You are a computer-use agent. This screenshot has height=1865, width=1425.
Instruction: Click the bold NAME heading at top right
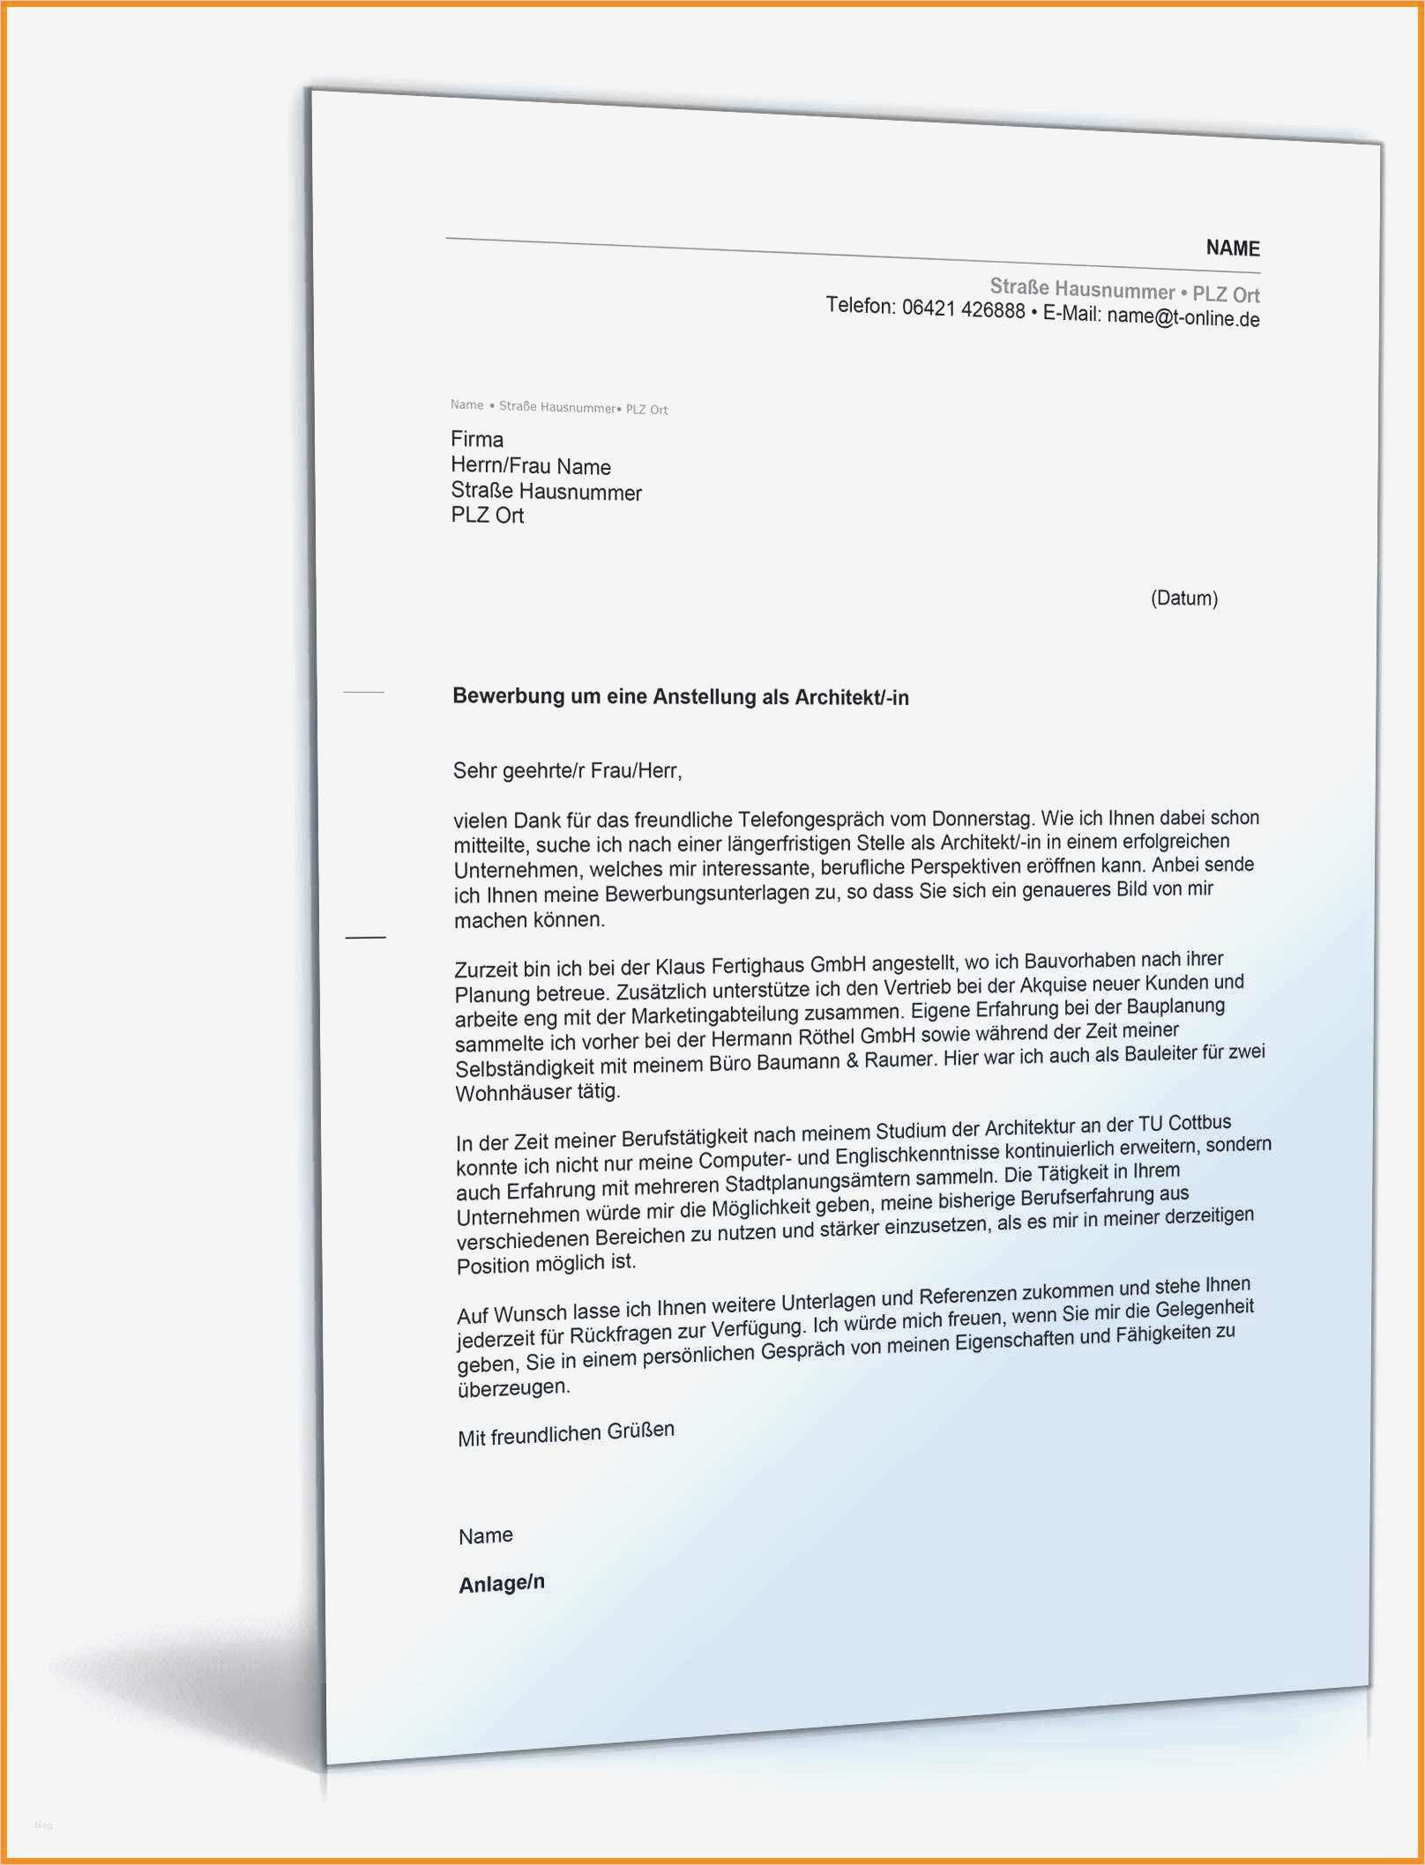(x=1232, y=249)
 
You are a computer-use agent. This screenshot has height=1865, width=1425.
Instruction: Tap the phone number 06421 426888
(x=963, y=309)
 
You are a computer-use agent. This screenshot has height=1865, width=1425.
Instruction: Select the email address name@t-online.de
(x=1183, y=318)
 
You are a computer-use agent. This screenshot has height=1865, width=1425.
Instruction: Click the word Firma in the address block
(x=477, y=439)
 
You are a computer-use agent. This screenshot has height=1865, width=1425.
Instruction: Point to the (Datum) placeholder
(x=1183, y=598)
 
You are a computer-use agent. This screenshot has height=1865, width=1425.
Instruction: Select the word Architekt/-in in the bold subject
(x=851, y=698)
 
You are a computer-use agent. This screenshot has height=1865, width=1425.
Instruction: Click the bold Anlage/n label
(x=501, y=1583)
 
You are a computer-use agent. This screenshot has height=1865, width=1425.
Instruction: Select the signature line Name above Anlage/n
(x=485, y=1535)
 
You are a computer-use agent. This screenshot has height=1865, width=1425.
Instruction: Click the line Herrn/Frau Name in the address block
(x=530, y=466)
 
